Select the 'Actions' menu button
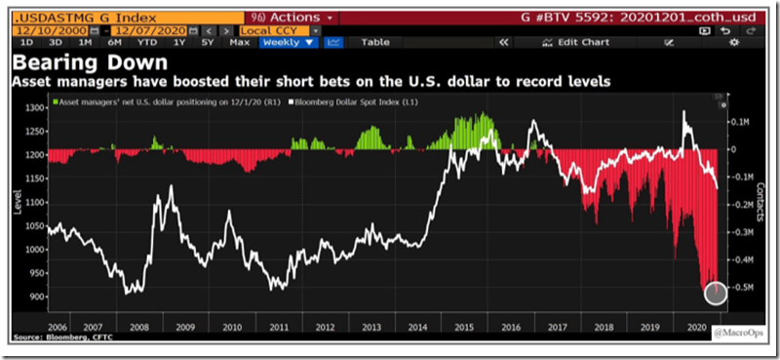[x=292, y=17]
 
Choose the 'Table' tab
[x=374, y=43]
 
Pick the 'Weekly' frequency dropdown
[x=291, y=43]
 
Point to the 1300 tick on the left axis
[x=34, y=107]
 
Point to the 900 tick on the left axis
[x=34, y=297]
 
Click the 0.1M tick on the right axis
[x=746, y=123]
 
